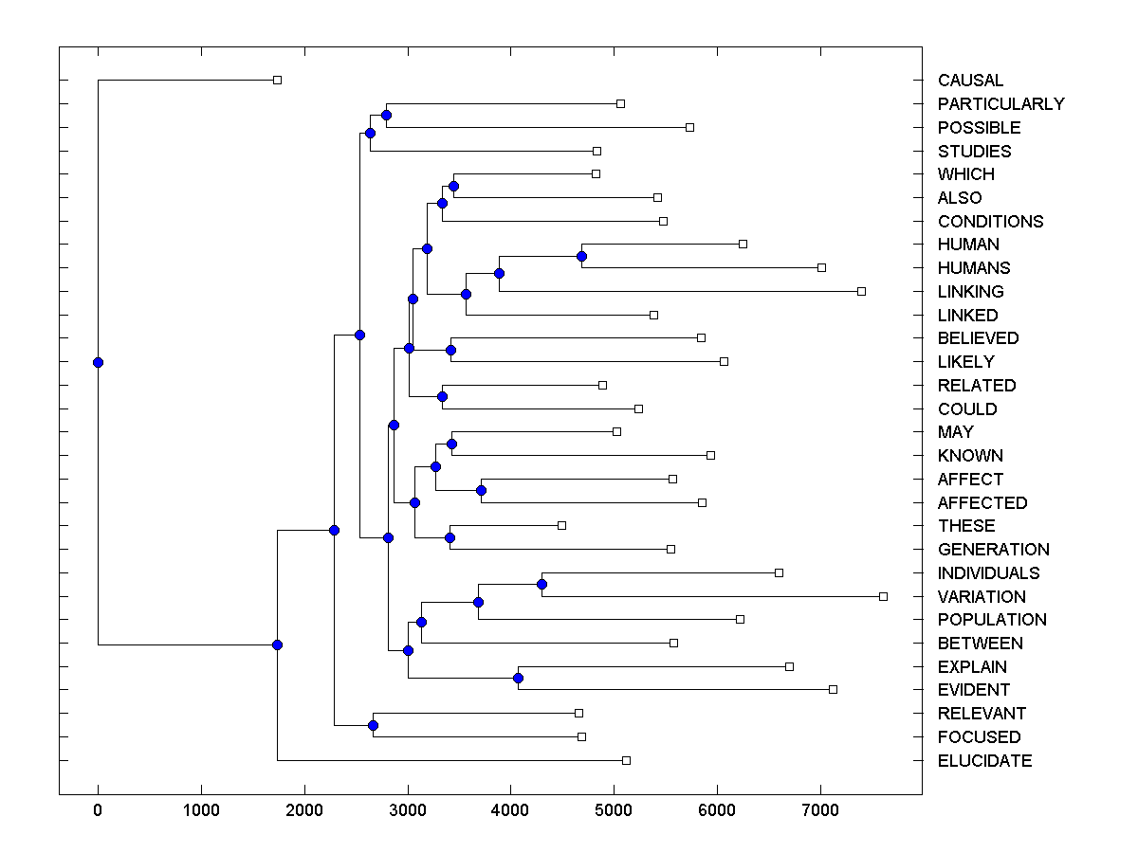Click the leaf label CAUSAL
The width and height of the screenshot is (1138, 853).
click(x=970, y=81)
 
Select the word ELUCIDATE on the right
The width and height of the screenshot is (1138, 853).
click(x=984, y=761)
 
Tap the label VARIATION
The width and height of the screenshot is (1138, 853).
click(x=982, y=597)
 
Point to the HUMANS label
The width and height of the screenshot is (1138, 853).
click(x=974, y=268)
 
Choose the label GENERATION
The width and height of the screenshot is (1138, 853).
click(x=993, y=550)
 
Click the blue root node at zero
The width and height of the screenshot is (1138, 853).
click(x=98, y=362)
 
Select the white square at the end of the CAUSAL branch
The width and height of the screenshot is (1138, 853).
click(x=277, y=80)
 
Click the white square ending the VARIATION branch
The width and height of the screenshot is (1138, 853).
click(x=883, y=596)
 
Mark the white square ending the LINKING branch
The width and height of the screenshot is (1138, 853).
click(x=861, y=291)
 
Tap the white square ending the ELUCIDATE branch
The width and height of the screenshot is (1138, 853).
click(x=626, y=760)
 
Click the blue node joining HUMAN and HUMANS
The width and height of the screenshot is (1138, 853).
click(x=581, y=256)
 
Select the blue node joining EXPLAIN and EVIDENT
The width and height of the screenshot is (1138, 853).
click(x=518, y=678)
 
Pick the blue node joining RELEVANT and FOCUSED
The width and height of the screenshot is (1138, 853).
click(x=373, y=725)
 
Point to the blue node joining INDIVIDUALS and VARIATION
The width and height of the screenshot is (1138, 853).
click(x=541, y=584)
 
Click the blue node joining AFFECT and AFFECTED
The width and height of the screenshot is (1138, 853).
click(x=481, y=490)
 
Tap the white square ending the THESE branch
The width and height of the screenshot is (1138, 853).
click(x=561, y=525)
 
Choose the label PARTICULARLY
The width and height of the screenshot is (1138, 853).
click(x=1000, y=104)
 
